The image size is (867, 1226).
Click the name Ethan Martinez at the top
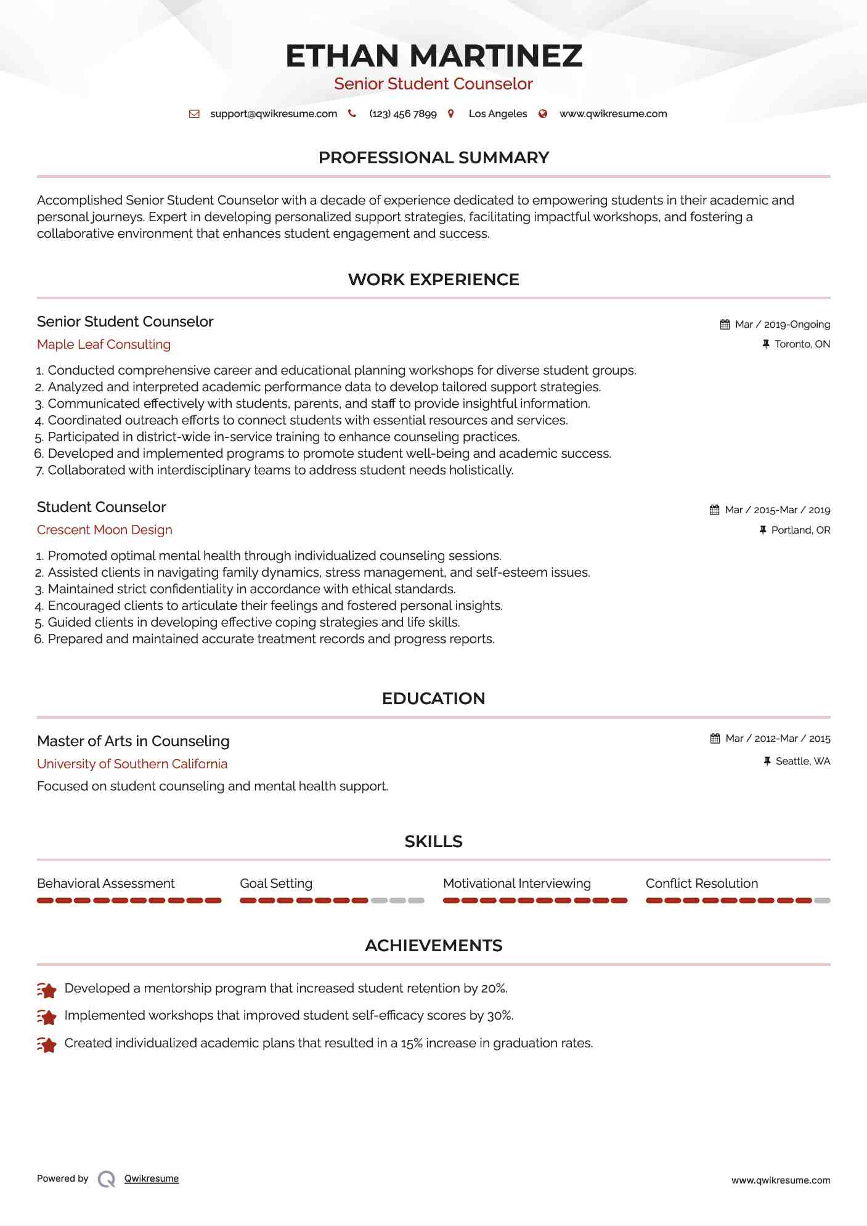coord(433,55)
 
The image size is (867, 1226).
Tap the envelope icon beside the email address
coord(194,114)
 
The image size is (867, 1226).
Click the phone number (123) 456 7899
coord(402,114)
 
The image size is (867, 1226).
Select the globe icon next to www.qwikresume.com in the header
coord(543,114)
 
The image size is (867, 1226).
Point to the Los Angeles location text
coord(497,114)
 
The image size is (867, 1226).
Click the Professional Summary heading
coord(433,158)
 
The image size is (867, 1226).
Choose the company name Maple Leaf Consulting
coord(104,344)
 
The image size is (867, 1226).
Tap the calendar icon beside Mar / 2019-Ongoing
coord(725,325)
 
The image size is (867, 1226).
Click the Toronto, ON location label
coord(802,344)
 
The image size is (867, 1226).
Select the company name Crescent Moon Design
coord(104,530)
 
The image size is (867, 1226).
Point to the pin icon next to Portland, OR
coord(763,530)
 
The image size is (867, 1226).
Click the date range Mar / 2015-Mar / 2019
coord(777,510)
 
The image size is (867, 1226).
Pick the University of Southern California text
coord(132,764)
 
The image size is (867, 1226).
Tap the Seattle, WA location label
coord(802,761)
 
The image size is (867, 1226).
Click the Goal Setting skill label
coord(276,883)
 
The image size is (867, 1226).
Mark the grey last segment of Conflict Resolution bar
coord(822,901)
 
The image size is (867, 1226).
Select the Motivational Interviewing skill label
coord(516,883)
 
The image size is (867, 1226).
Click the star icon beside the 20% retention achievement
coord(47,989)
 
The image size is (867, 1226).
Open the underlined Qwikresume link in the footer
coord(152,1179)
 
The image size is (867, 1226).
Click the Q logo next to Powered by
coord(107,1179)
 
